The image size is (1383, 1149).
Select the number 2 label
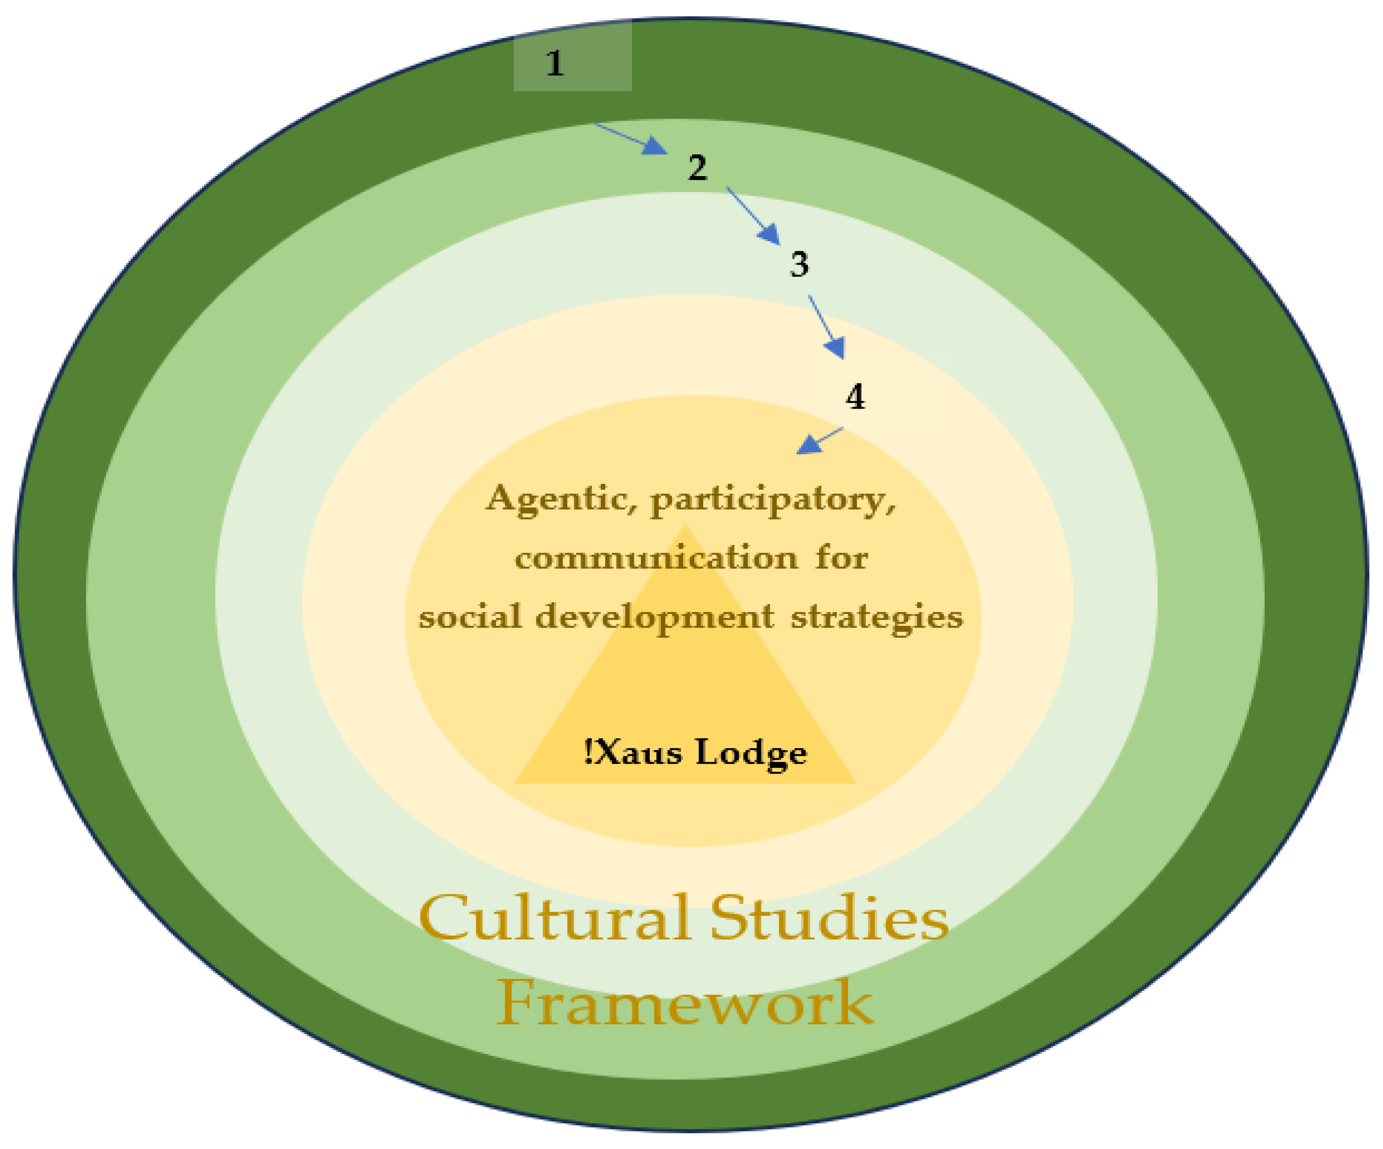point(697,168)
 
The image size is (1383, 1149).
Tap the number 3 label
point(799,265)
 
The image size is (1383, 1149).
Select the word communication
point(656,559)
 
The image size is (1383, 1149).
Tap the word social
point(470,617)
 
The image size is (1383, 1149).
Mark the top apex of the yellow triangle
point(685,527)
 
